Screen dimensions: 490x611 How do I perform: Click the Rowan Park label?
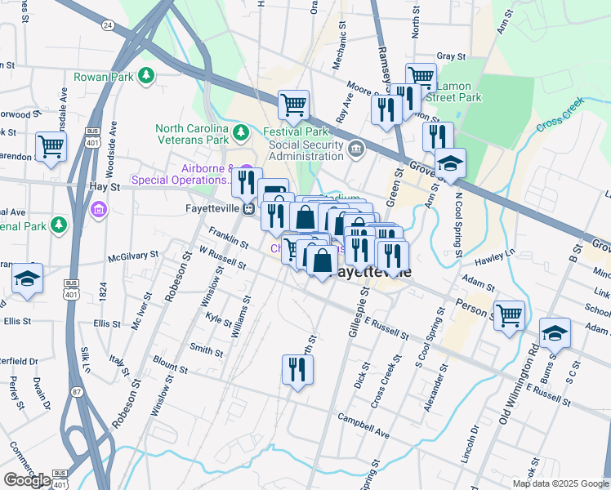click(x=103, y=77)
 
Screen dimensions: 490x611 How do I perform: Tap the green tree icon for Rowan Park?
click(x=146, y=76)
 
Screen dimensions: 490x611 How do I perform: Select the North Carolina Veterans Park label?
click(x=192, y=134)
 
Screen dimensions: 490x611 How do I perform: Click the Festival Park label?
click(x=295, y=131)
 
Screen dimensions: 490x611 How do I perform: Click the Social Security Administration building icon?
click(x=356, y=149)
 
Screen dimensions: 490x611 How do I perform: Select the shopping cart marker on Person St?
click(x=509, y=314)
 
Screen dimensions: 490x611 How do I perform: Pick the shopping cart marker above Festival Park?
click(x=293, y=105)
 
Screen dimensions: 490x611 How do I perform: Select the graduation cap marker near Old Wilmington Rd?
click(x=555, y=333)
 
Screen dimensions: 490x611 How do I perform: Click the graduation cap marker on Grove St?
click(x=449, y=163)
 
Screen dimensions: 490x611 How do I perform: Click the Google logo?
click(x=27, y=479)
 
